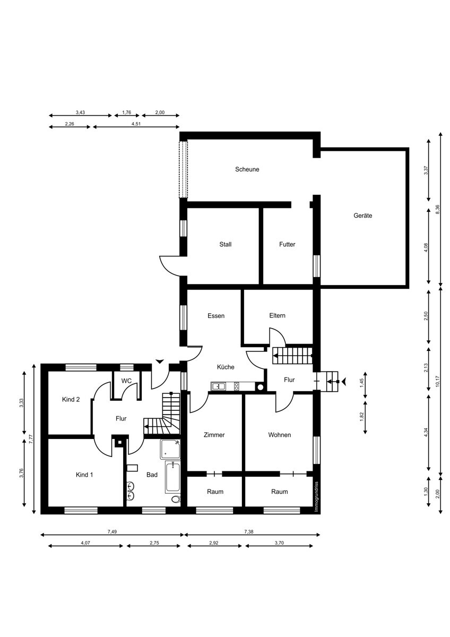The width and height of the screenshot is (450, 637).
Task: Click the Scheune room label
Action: click(x=247, y=169)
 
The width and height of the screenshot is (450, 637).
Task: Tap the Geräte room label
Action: click(x=363, y=216)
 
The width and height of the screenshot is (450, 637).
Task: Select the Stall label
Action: click(x=226, y=244)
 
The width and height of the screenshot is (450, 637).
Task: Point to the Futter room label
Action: click(x=287, y=244)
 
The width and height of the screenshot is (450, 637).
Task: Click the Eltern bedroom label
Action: click(x=277, y=315)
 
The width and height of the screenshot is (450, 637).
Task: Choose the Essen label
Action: click(x=216, y=316)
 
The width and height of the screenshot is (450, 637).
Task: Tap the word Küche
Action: click(x=226, y=367)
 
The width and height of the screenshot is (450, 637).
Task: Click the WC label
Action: click(x=126, y=381)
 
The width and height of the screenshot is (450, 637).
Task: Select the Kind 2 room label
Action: click(x=71, y=400)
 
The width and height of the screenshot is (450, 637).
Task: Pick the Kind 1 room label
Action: click(x=84, y=475)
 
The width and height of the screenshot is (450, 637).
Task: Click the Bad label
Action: click(x=152, y=475)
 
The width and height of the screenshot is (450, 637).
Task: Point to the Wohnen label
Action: click(x=280, y=435)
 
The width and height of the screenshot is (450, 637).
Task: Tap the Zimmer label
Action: click(x=214, y=435)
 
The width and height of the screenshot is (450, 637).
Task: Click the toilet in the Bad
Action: click(x=176, y=499)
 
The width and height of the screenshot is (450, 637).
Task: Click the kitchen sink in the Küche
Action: click(x=218, y=386)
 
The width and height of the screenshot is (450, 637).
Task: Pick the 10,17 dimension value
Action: click(x=437, y=381)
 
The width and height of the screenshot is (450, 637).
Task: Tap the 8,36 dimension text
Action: click(x=437, y=209)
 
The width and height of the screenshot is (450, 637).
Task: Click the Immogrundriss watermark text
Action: click(x=316, y=497)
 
